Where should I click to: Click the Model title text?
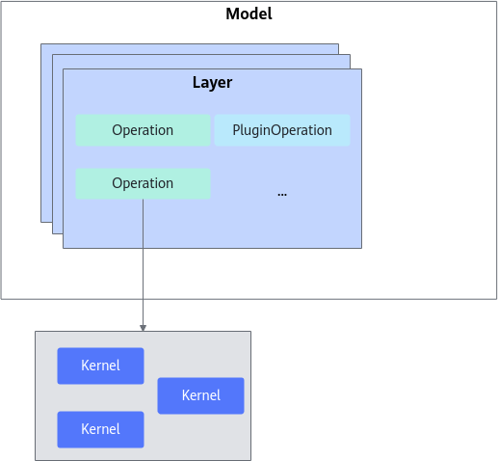249,14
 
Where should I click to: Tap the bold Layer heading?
212,83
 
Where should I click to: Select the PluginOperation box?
282,130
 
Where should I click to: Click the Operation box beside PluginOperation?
143,130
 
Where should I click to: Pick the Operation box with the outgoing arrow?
143,183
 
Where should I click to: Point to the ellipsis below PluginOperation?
282,194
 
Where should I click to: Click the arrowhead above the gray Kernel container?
143,328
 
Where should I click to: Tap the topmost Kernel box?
100,366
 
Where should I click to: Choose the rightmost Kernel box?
200,395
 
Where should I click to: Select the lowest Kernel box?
100,429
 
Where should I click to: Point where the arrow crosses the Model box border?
143,299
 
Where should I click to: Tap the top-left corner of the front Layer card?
64,68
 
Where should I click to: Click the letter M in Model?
232,14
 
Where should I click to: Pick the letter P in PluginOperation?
236,130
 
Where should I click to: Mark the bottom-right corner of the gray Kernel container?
250,460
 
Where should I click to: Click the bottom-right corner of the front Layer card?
361,248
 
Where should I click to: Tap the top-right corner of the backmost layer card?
338,44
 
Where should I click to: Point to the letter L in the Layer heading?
196,83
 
